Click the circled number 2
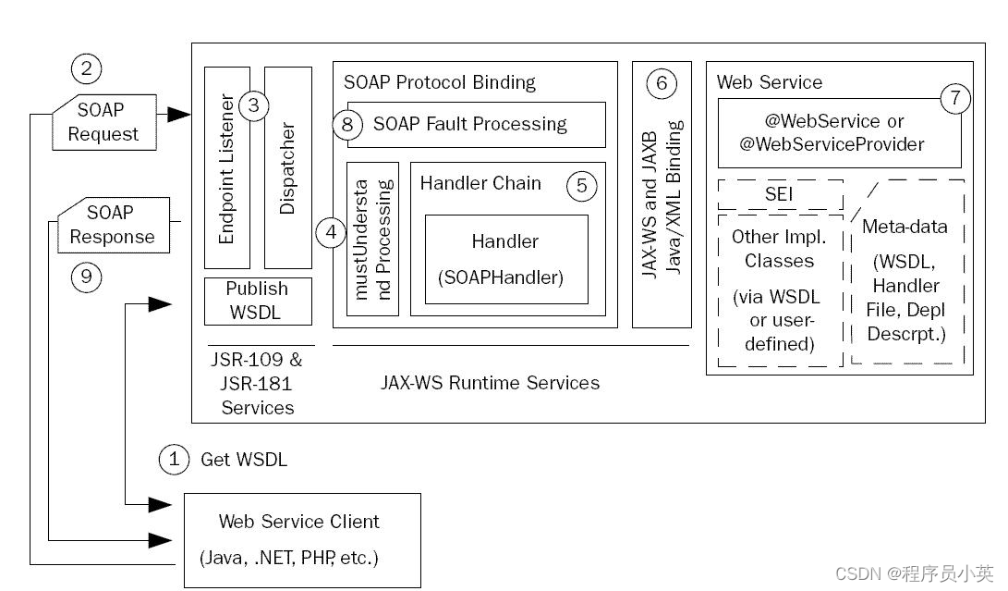tap(86, 68)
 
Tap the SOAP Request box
tap(104, 122)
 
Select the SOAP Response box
tap(114, 225)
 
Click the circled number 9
tap(86, 277)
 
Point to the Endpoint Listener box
tap(227, 167)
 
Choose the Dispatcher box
tap(288, 167)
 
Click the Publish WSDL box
tap(258, 302)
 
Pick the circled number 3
tap(254, 105)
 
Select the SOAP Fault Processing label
tap(470, 124)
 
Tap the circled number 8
tap(347, 124)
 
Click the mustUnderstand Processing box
tap(373, 239)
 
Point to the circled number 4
tap(332, 232)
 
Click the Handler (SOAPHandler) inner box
tap(506, 260)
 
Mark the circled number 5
tap(582, 186)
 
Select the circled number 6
tap(662, 83)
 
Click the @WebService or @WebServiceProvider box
tap(840, 133)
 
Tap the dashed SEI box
tap(781, 194)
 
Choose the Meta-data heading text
tap(905, 227)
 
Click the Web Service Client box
tap(302, 540)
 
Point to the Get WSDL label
tap(244, 460)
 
